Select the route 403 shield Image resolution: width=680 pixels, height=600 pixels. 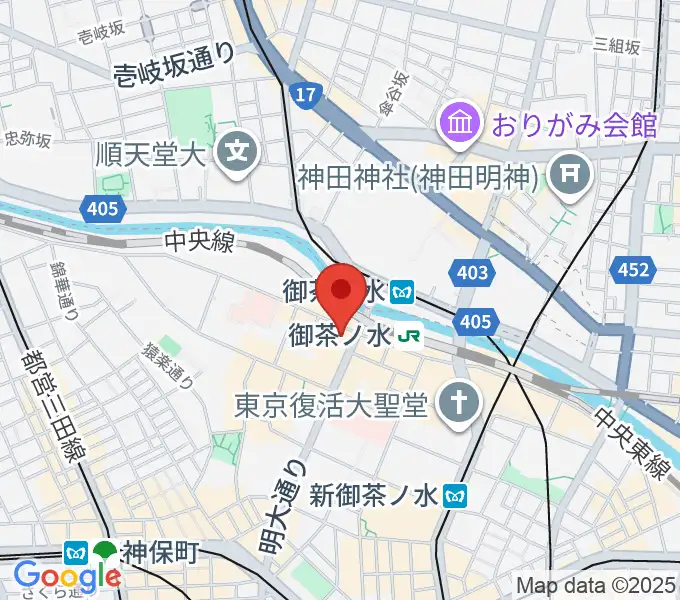click(x=473, y=272)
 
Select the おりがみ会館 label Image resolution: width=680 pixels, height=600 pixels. click(x=572, y=125)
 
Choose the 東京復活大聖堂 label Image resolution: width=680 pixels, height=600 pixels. click(x=331, y=404)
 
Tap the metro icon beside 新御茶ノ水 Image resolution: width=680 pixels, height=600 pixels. click(x=456, y=494)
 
